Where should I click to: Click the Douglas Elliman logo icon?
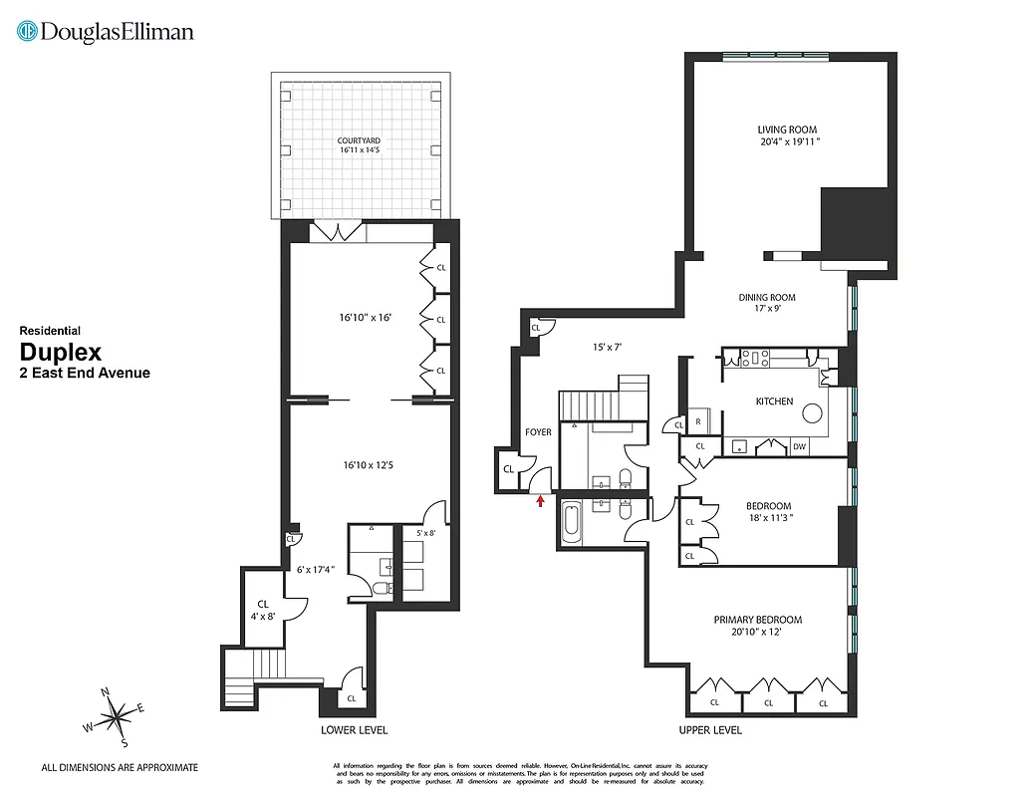click(x=28, y=32)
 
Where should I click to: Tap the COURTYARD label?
click(x=359, y=140)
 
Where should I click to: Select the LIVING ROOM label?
click(x=787, y=130)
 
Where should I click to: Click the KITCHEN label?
click(x=774, y=401)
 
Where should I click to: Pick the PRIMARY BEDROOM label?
click(x=757, y=620)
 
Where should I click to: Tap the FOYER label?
click(x=538, y=432)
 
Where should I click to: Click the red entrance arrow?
click(x=541, y=501)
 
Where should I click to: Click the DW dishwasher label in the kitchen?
click(x=799, y=447)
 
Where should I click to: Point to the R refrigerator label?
click(x=698, y=421)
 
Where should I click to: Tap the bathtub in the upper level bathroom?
click(x=572, y=524)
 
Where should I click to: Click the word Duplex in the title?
click(x=61, y=352)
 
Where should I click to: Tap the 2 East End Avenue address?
click(x=85, y=373)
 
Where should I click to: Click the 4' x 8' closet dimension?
click(x=263, y=616)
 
